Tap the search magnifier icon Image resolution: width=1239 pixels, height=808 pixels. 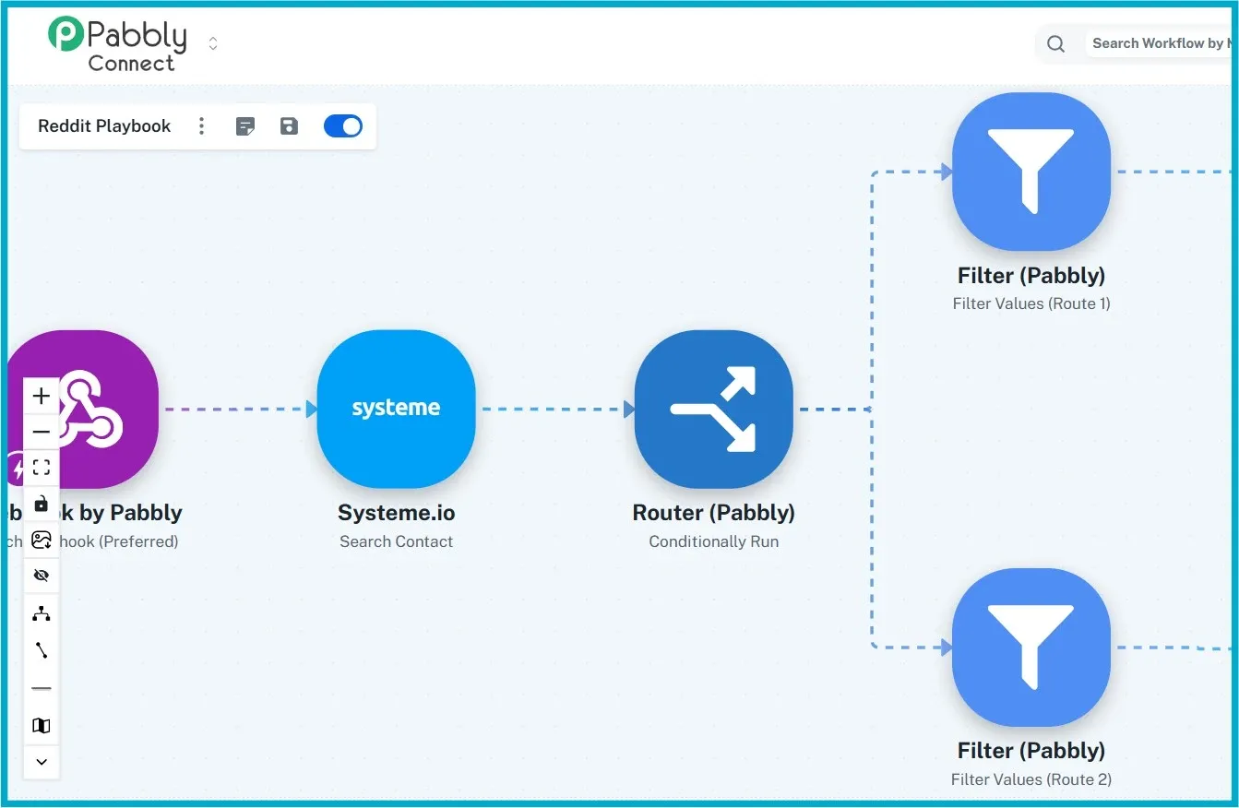point(1056,43)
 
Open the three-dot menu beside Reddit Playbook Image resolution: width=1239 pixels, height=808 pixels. point(202,126)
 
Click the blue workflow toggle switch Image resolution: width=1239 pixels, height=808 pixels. point(343,126)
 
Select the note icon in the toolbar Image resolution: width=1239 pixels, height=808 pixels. point(245,126)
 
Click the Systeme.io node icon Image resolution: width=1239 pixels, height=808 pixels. point(396,409)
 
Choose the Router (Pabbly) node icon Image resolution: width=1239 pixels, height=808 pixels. point(713,409)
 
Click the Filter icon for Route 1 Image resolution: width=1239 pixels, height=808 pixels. point(1031,171)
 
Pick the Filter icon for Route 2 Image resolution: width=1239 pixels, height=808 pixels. point(1031,647)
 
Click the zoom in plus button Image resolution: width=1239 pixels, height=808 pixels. point(42,397)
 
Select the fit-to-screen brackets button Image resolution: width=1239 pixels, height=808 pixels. point(42,467)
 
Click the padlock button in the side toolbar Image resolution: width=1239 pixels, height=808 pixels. point(42,504)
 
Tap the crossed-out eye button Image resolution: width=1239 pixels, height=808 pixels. point(42,576)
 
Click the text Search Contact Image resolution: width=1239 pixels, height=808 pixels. point(396,541)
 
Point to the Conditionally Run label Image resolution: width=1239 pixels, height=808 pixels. point(713,541)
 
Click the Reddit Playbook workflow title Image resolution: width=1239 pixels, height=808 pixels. point(104,126)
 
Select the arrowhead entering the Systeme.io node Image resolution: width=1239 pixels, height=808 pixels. point(311,409)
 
